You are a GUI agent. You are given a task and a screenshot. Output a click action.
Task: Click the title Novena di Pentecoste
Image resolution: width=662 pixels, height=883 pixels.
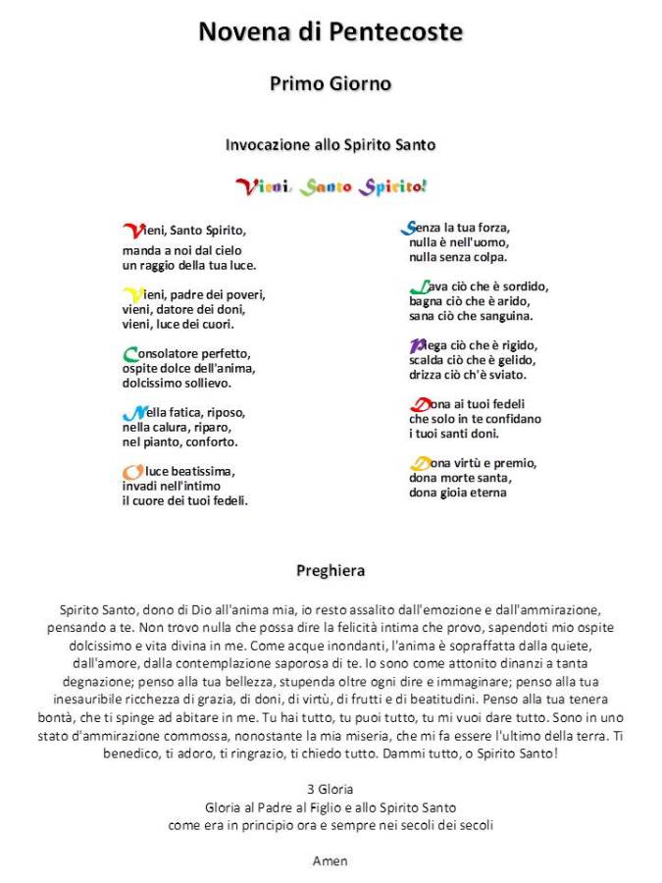point(331,31)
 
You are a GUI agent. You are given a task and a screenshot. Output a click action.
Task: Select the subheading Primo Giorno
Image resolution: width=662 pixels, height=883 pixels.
point(331,83)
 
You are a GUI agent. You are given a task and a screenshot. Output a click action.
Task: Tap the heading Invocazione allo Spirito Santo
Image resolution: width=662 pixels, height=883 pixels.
point(331,144)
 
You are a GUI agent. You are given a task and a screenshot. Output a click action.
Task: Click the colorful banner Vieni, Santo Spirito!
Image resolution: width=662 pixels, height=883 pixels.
point(331,185)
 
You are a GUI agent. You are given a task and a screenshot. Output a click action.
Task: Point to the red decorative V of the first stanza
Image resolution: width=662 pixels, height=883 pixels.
point(131,231)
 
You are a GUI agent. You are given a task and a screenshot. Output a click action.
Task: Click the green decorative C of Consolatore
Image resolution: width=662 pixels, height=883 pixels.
point(130,354)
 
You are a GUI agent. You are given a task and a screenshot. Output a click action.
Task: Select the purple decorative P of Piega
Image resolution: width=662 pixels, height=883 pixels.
point(418,345)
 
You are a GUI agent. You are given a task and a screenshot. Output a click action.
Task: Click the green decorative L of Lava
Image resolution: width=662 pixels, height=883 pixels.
point(418,287)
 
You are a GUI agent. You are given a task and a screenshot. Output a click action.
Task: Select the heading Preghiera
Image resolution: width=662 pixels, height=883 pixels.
point(331,570)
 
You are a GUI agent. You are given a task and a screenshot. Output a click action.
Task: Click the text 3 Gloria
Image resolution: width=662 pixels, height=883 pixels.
point(331,789)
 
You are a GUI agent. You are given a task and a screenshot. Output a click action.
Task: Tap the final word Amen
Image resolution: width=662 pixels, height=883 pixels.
point(331,861)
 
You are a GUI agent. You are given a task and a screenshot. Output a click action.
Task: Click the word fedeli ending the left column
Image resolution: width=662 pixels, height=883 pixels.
point(229,500)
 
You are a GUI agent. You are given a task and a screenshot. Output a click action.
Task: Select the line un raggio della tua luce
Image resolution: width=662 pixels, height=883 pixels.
point(189,265)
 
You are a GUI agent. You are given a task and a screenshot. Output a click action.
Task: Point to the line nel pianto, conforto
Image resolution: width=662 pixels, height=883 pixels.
point(179,441)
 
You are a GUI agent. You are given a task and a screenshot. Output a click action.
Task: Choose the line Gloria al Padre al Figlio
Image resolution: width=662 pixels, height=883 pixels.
point(331,807)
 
